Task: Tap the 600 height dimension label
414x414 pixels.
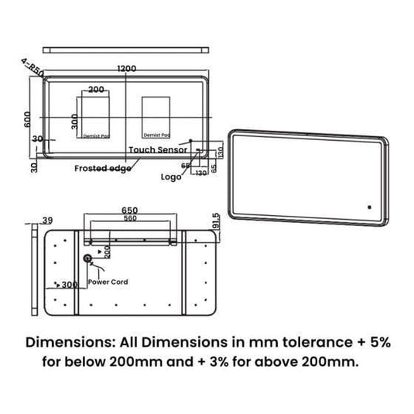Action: click(27, 117)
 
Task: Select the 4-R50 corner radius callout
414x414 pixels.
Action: click(33, 69)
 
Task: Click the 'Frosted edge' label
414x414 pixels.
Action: click(101, 168)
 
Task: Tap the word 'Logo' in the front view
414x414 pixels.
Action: click(171, 176)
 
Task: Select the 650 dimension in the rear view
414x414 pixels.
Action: click(131, 210)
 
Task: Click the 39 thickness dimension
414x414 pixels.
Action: click(47, 221)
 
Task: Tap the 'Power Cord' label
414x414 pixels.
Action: click(109, 282)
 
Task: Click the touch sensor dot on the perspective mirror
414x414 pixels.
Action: click(370, 207)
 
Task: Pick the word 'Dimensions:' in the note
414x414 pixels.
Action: click(64, 342)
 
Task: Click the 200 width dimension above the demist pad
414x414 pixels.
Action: click(97, 90)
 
